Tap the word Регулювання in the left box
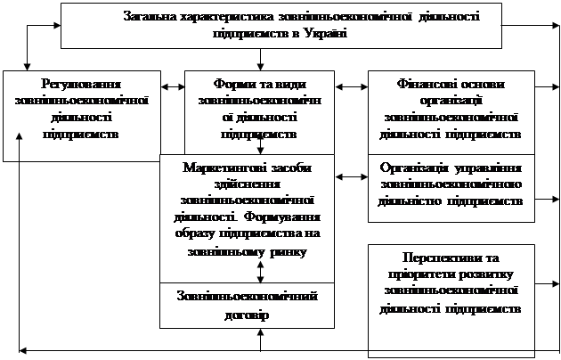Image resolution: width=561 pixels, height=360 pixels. click(x=81, y=84)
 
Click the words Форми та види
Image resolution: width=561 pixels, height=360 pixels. click(x=260, y=84)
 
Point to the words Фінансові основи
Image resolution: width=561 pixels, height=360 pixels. click(x=451, y=84)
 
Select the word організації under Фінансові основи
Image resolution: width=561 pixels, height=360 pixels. click(x=451, y=101)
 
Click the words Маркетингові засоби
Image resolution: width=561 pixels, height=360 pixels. click(x=247, y=168)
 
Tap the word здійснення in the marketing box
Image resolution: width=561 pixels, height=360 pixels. click(x=247, y=184)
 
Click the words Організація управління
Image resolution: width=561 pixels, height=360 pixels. click(x=451, y=168)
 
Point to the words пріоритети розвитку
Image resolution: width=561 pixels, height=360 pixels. click(x=451, y=274)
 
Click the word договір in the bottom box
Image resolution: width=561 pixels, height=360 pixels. click(x=247, y=315)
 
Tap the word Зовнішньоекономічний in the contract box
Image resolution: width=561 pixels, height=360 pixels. click(x=247, y=297)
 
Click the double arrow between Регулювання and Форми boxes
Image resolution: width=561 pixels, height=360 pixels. click(x=173, y=86)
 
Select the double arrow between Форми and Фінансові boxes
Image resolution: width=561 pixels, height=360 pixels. click(x=352, y=86)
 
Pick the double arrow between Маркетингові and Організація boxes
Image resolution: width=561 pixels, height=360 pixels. click(x=352, y=176)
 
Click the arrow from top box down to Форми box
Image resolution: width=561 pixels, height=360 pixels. click(x=260, y=60)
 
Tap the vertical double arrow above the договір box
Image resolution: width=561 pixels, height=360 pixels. click(x=260, y=272)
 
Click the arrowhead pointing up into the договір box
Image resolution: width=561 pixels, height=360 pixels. click(x=260, y=332)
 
